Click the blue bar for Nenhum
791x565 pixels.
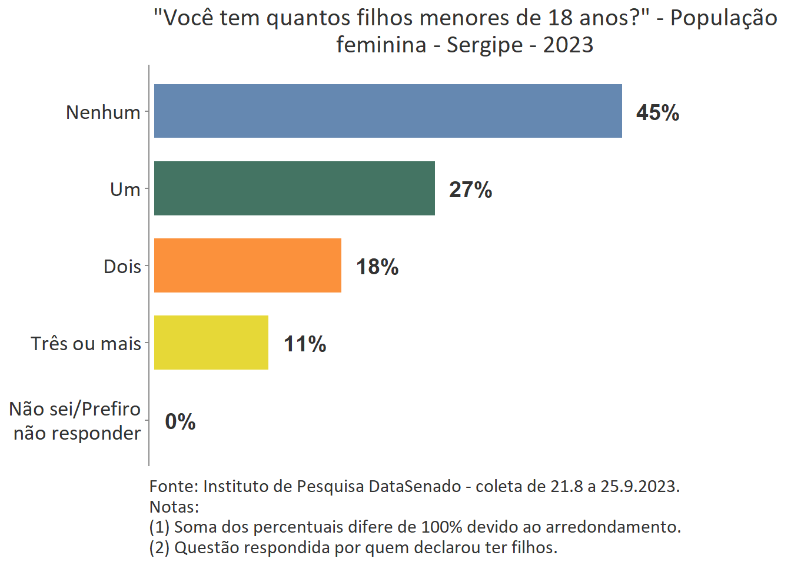click(388, 111)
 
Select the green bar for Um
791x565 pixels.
click(294, 188)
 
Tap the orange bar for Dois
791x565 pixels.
click(248, 265)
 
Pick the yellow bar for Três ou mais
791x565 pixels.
click(211, 343)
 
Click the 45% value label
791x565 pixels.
click(657, 112)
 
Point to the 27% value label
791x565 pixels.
click(470, 190)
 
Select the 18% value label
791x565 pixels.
click(377, 267)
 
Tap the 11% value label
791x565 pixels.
click(305, 344)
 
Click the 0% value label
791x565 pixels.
click(180, 421)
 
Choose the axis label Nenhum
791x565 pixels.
click(103, 112)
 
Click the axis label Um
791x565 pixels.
click(125, 189)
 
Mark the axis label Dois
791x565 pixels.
click(122, 266)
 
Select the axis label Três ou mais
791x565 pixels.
click(86, 343)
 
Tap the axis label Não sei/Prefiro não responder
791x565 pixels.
click(76, 421)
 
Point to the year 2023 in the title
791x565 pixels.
click(568, 45)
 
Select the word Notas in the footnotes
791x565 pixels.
click(172, 507)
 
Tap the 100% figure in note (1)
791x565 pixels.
click(441, 527)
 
